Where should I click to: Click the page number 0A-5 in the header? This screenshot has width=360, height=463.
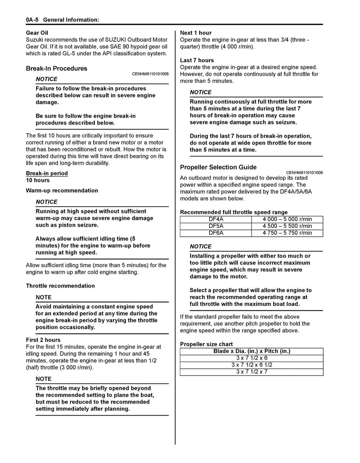pyautogui.click(x=32, y=20)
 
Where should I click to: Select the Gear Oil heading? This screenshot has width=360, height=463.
pyautogui.click(x=37, y=33)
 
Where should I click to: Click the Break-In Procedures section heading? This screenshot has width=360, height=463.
pyautogui.click(x=57, y=69)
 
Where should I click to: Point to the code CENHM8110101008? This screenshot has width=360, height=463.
pyautogui.click(x=150, y=74)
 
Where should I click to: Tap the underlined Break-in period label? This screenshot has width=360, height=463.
pyautogui.click(x=47, y=173)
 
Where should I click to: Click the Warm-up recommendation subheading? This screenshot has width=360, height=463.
pyautogui.click(x=62, y=191)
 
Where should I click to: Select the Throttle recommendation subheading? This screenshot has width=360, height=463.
pyautogui.click(x=60, y=286)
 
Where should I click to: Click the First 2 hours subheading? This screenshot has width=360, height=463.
pyautogui.click(x=43, y=340)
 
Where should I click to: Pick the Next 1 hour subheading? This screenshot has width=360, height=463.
pyautogui.click(x=196, y=33)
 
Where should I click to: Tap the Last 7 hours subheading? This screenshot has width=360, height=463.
pyautogui.click(x=197, y=60)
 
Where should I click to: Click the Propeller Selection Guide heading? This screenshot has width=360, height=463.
pyautogui.click(x=218, y=167)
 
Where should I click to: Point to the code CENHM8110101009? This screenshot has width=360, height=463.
pyautogui.click(x=304, y=173)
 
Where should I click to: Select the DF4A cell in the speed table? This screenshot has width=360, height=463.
pyautogui.click(x=216, y=219)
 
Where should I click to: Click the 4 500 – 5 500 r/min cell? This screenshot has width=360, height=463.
pyautogui.click(x=287, y=226)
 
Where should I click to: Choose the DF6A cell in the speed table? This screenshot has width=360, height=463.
pyautogui.click(x=216, y=233)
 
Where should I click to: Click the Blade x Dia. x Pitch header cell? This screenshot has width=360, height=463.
pyautogui.click(x=252, y=351)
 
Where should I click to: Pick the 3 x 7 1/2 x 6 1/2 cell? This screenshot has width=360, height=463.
pyautogui.click(x=252, y=365)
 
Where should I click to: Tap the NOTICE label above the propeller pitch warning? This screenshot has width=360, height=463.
pyautogui.click(x=201, y=246)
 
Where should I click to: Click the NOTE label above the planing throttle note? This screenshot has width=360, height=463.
pyautogui.click(x=44, y=379)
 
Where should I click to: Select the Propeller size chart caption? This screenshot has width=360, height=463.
pyautogui.click(x=206, y=344)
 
